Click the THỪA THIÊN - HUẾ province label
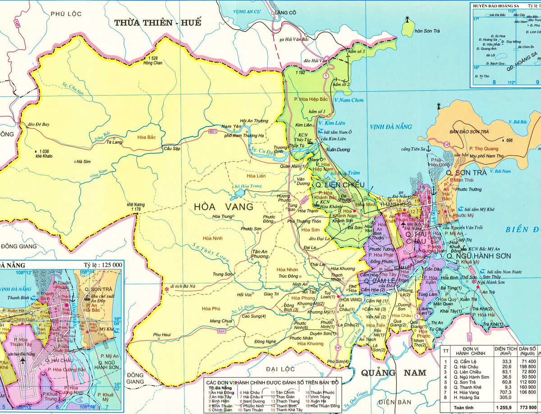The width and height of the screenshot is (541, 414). [x=157, y=22]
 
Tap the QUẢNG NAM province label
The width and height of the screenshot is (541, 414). [x=393, y=373]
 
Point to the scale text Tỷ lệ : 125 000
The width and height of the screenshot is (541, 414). [x=103, y=265]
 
